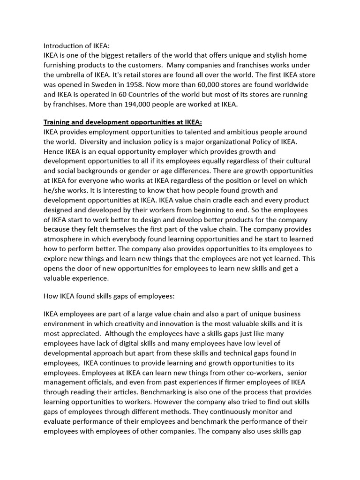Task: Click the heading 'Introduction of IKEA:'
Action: point(76,46)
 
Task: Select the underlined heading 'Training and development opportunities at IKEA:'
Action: point(122,122)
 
